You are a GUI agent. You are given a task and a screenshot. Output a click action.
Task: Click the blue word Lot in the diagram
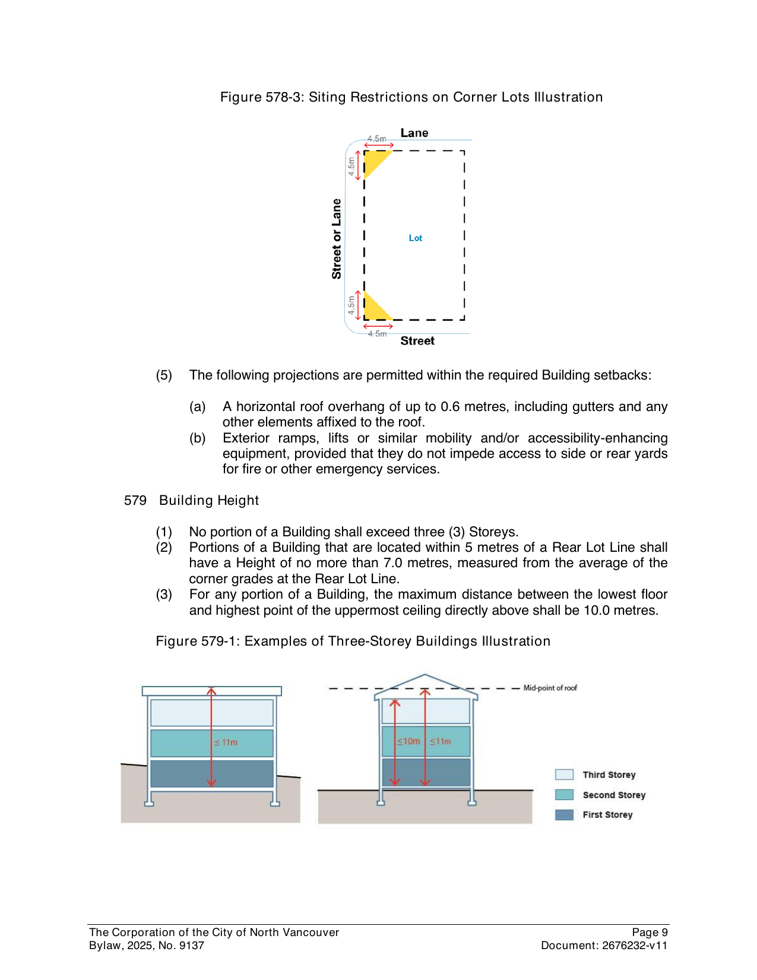tap(415, 238)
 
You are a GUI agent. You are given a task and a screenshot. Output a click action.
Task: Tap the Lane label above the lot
tap(414, 133)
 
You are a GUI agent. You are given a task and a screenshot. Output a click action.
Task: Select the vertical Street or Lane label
tap(337, 239)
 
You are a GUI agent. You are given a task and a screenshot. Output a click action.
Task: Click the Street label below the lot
tap(417, 341)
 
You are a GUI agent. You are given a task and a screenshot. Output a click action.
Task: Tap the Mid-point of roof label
tap(550, 688)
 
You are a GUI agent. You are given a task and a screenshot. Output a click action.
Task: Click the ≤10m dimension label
tap(408, 741)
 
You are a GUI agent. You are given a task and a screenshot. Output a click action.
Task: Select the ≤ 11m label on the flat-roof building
tap(226, 742)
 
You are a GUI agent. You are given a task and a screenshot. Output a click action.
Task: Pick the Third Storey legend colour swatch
tap(564, 774)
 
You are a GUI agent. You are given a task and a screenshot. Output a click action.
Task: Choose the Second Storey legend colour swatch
tap(564, 795)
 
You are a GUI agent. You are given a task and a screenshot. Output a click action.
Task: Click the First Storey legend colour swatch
tap(564, 815)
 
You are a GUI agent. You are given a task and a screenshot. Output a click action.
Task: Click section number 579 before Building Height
tap(135, 501)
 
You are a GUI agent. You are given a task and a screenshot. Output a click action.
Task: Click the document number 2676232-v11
tap(635, 946)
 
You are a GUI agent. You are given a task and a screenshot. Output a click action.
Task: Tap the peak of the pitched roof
tap(425, 675)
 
